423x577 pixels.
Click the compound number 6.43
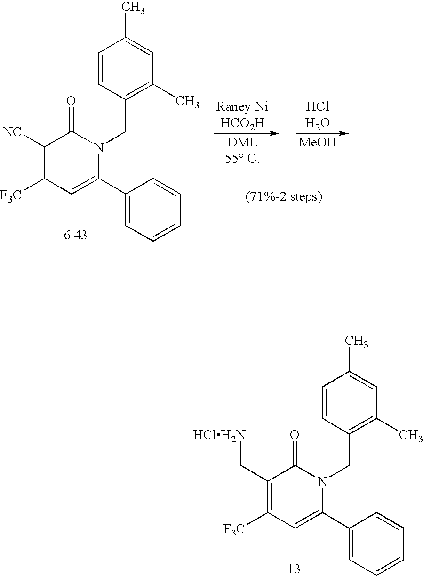click(x=75, y=235)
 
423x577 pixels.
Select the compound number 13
click(x=294, y=568)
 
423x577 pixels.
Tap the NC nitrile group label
click(x=12, y=133)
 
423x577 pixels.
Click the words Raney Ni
click(x=242, y=106)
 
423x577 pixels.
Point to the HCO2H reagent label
click(x=242, y=123)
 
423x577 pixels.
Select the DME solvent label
click(x=242, y=142)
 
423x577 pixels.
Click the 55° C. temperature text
click(x=242, y=159)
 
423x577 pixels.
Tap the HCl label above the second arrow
click(x=318, y=106)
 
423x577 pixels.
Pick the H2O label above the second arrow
click(x=318, y=124)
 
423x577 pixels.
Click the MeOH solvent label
click(x=318, y=142)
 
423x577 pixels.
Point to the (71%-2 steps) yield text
click(x=284, y=197)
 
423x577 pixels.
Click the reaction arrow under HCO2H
click(x=247, y=133)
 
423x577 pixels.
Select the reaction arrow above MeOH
click(x=322, y=133)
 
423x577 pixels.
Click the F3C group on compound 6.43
click(x=11, y=196)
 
